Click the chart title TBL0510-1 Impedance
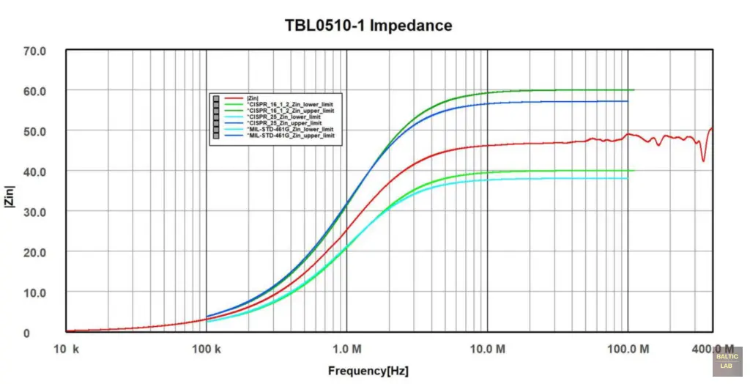(368, 26)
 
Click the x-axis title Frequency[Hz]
(368, 372)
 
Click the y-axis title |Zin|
(10, 197)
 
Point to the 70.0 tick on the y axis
(35, 51)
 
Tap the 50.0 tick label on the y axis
(35, 132)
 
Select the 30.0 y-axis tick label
(35, 213)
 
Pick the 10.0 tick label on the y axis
(35, 293)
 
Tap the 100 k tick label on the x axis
(206, 350)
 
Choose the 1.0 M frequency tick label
(346, 350)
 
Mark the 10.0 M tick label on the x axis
(487, 350)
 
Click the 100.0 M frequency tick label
(628, 350)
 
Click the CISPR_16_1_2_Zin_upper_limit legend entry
(291, 110)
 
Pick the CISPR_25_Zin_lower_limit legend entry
(284, 117)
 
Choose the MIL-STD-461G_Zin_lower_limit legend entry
(292, 129)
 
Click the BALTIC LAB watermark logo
(727, 361)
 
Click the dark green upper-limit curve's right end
(634, 90)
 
